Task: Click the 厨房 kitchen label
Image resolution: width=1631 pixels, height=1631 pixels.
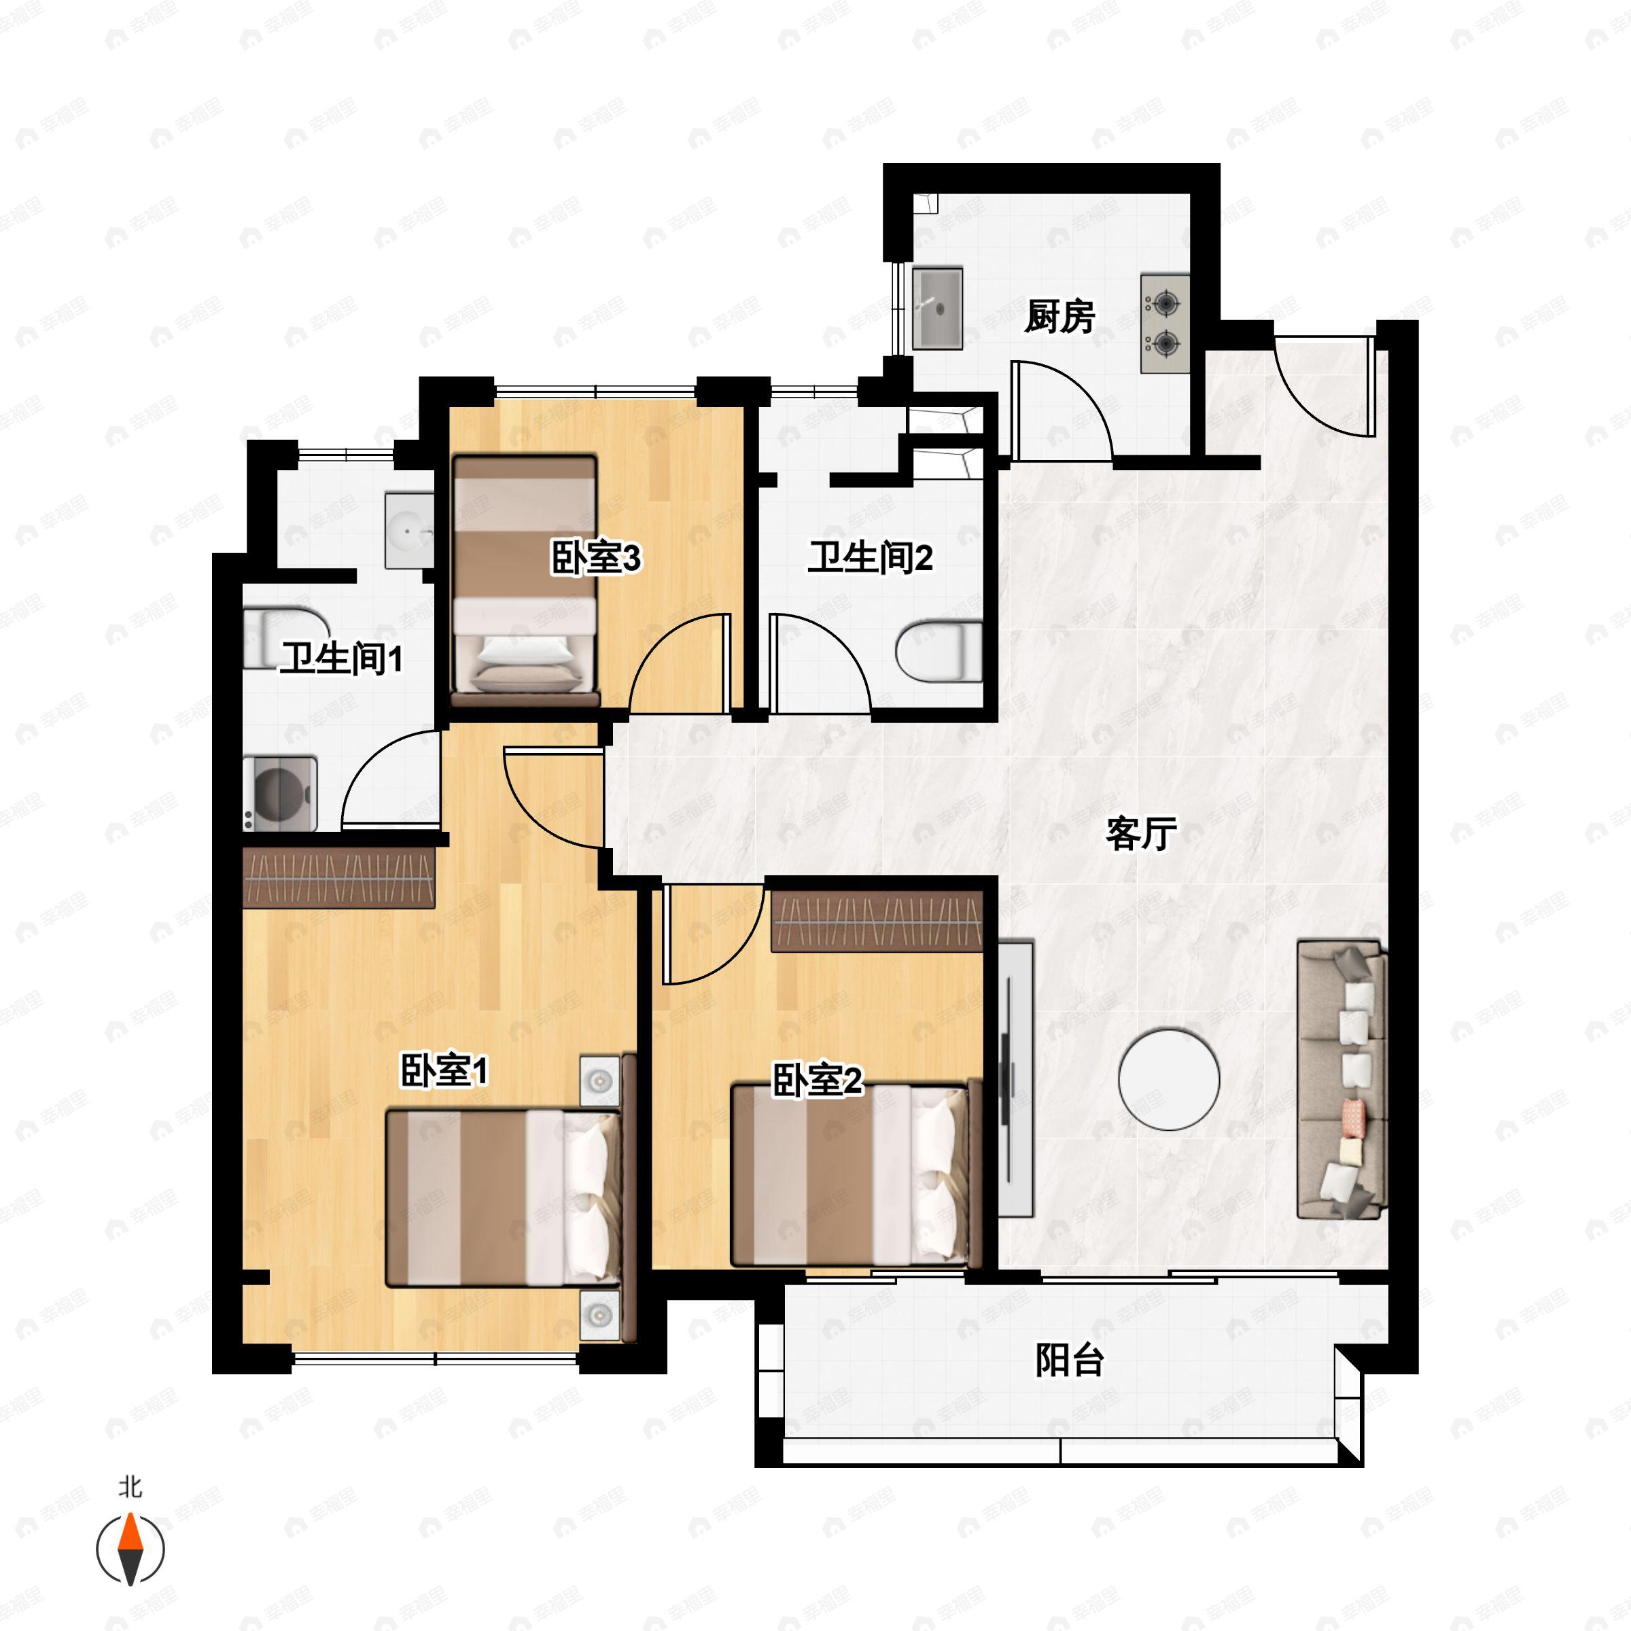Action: pyautogui.click(x=1059, y=317)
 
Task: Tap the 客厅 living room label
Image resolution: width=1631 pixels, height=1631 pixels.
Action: pyautogui.click(x=1142, y=833)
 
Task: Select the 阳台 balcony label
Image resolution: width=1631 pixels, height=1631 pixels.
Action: pyautogui.click(x=1070, y=1360)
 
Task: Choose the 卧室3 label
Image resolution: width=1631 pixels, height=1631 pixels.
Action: pyautogui.click(x=596, y=557)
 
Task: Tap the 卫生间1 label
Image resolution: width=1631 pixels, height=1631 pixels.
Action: pyautogui.click(x=342, y=658)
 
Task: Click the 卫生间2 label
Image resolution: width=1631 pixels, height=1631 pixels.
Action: pyautogui.click(x=871, y=557)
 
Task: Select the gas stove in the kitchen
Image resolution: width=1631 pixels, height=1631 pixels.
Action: pyautogui.click(x=1165, y=323)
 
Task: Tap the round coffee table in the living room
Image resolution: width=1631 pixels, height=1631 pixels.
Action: pyautogui.click(x=1168, y=1079)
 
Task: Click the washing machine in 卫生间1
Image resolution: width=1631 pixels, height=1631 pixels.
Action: pyautogui.click(x=280, y=794)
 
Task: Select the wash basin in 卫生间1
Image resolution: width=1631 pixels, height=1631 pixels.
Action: pyautogui.click(x=409, y=531)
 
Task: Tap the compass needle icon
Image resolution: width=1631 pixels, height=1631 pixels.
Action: pyautogui.click(x=130, y=1550)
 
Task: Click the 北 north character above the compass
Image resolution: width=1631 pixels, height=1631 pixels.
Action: pyautogui.click(x=130, y=1487)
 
